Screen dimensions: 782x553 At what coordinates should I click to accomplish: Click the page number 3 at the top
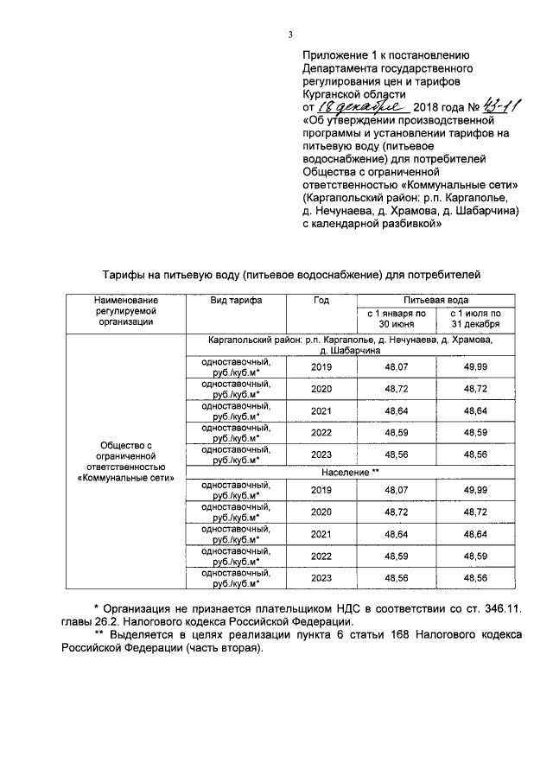pyautogui.click(x=291, y=35)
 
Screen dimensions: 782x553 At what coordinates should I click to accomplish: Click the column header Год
pyautogui.click(x=321, y=300)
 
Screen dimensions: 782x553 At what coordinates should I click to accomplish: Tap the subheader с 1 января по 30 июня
pyautogui.click(x=397, y=317)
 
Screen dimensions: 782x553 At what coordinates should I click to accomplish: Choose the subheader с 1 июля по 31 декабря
pyautogui.click(x=474, y=317)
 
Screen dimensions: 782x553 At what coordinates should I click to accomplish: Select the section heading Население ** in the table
pyautogui.click(x=351, y=473)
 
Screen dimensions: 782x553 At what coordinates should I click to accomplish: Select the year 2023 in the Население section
pyautogui.click(x=321, y=576)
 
